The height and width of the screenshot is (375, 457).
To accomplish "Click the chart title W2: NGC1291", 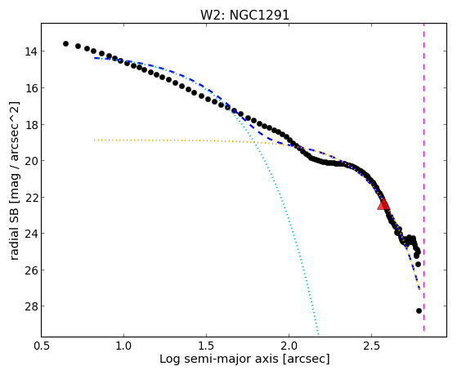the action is click(x=244, y=15).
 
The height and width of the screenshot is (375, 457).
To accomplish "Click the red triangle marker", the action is click(x=383, y=204).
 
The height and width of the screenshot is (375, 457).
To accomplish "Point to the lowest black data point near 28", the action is click(x=419, y=311).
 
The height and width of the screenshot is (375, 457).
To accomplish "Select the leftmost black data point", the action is click(x=65, y=43).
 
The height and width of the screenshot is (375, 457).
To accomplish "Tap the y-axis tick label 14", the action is click(x=31, y=51).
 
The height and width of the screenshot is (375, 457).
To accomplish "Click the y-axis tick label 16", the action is click(x=31, y=88).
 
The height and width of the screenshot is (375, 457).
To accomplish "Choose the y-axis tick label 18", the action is click(x=31, y=125).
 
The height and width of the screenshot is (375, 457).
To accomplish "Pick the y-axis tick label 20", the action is click(x=31, y=161).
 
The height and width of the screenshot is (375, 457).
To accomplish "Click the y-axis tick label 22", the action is click(x=31, y=198).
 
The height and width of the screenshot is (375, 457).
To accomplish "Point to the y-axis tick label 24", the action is click(x=31, y=234).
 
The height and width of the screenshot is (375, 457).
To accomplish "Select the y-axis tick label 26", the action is click(x=31, y=270).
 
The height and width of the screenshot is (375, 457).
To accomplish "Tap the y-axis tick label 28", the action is click(x=31, y=306).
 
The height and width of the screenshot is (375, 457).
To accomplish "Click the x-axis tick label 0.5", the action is click(x=42, y=346).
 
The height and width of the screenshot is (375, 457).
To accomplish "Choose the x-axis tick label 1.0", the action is click(x=124, y=346).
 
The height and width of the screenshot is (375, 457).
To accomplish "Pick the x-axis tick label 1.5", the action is click(x=206, y=346).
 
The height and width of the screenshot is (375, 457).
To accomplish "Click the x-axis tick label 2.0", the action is click(x=289, y=346).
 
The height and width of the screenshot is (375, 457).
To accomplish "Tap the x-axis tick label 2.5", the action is click(x=371, y=346).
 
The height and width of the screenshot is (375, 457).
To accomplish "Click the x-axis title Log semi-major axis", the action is click(x=219, y=359).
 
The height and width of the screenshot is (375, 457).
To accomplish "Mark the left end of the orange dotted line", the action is click(x=95, y=141).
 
